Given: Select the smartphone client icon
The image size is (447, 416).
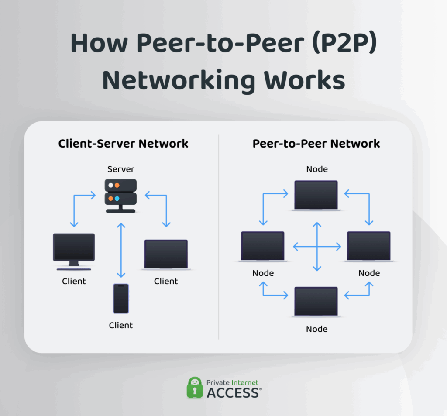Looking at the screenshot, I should [x=121, y=298].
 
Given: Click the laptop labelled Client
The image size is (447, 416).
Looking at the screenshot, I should [x=166, y=254].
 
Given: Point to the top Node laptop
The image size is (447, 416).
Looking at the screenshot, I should [x=316, y=195].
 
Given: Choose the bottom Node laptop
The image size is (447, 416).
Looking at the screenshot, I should [x=316, y=301].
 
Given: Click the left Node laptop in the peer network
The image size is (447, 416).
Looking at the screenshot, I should [x=263, y=247].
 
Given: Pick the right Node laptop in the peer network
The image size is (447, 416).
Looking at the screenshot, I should [x=369, y=247].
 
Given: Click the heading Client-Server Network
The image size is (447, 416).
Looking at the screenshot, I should [x=123, y=143].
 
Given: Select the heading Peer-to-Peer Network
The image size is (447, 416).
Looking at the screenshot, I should [x=316, y=143].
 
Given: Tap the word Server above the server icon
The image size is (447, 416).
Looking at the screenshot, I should [x=121, y=169].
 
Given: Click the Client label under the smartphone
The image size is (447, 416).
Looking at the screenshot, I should [x=121, y=325].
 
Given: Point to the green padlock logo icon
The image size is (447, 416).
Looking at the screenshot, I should [x=194, y=387].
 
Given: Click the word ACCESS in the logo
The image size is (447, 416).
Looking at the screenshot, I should [x=233, y=392].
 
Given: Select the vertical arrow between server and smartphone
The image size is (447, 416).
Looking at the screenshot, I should [x=121, y=250].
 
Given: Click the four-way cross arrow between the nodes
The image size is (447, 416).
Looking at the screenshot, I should [x=317, y=247].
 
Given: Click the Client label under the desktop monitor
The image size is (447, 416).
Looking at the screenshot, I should [x=74, y=281].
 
